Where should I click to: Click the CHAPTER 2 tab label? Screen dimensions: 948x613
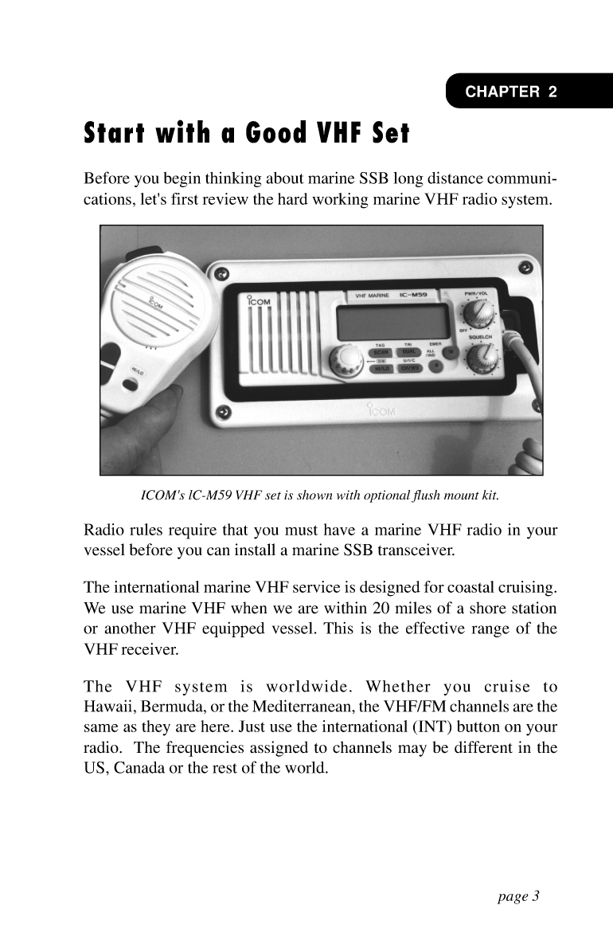tap(511, 92)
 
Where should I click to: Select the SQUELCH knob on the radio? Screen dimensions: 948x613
tap(480, 362)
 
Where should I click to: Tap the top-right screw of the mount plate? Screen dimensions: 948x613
tap(524, 266)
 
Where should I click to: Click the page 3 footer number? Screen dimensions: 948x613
tap(519, 896)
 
